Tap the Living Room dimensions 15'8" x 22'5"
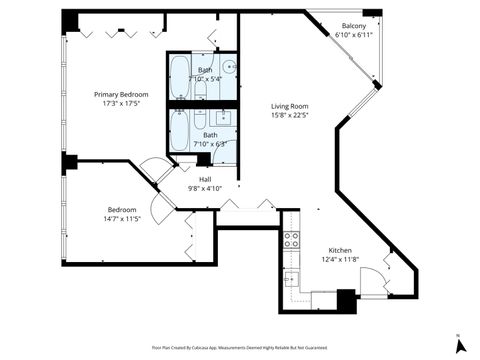pyautogui.click(x=290, y=114)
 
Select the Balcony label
pyautogui.click(x=354, y=26)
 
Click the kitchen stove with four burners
pyautogui.click(x=291, y=239)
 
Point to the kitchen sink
pyautogui.click(x=291, y=280)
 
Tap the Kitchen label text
pyautogui.click(x=341, y=251)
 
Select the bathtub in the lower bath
pyautogui.click(x=180, y=129)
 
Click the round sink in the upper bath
pyautogui.click(x=229, y=67)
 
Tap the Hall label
pyautogui.click(x=204, y=179)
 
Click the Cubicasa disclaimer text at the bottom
pyautogui.click(x=240, y=347)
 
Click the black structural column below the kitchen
pyautogui.click(x=346, y=301)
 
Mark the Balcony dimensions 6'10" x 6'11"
pyautogui.click(x=354, y=35)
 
